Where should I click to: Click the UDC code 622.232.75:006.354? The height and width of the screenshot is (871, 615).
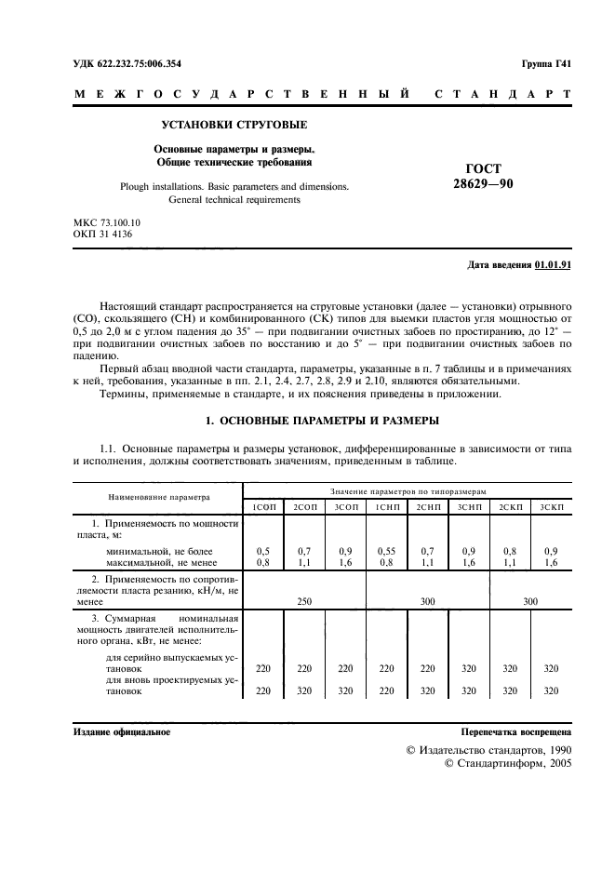141,63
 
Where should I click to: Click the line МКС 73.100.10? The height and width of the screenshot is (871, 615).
106,223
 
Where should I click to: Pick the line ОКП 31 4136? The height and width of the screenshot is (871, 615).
101,236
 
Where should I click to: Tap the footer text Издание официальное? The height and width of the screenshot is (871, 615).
121,732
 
